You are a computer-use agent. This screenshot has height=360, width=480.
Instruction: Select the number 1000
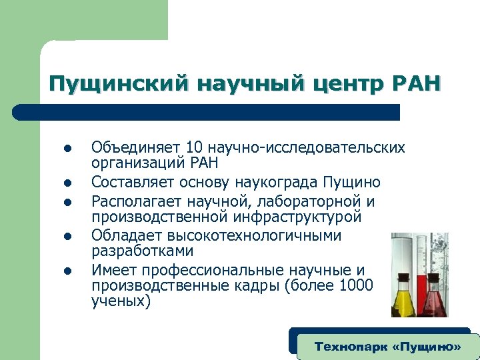[357, 285]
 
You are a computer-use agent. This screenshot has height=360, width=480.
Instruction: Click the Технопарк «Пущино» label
[387, 347]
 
